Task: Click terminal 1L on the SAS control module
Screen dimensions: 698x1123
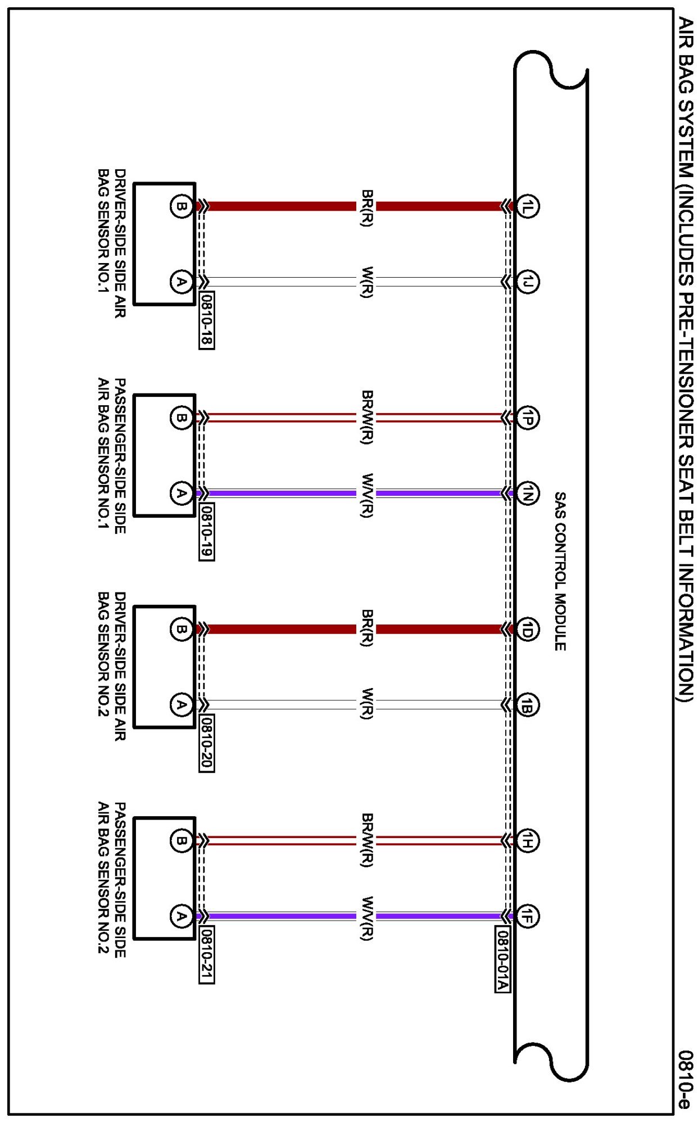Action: coord(527,206)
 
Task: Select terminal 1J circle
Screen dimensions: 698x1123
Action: coord(527,282)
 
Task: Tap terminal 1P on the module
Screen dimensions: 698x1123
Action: coord(527,418)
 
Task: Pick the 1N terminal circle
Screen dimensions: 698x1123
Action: coord(527,493)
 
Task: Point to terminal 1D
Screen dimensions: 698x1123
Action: coord(527,630)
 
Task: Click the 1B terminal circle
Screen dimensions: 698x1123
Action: coord(527,705)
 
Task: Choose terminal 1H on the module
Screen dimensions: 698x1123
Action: coord(527,841)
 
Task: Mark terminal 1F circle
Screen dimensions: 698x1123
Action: coord(527,916)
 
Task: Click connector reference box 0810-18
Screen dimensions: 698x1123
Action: coord(206,320)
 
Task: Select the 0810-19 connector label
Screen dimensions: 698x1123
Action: coord(206,531)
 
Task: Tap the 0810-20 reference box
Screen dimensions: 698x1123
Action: coord(206,742)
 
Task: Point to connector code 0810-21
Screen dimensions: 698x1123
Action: coord(206,954)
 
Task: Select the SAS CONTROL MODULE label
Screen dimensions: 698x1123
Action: coord(560,571)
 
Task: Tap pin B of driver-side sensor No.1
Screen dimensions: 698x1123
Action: coord(181,206)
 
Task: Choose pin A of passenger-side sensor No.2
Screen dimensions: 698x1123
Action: coord(181,916)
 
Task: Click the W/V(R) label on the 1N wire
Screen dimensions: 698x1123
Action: coord(366,495)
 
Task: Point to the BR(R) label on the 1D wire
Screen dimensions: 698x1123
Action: coord(366,628)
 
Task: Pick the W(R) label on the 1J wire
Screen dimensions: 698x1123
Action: coord(366,282)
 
